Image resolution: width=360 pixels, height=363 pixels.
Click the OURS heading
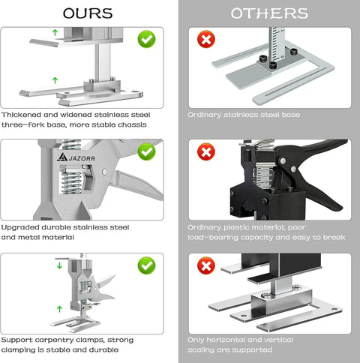click(x=88, y=13)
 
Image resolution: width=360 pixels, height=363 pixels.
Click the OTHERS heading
click(x=268, y=13)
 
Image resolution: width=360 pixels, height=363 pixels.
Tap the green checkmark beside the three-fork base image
click(x=147, y=38)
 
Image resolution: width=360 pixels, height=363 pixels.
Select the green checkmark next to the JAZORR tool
click(x=147, y=152)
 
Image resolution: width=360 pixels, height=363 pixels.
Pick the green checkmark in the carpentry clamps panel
click(x=147, y=265)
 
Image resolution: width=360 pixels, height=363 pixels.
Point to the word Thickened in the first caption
click(x=22, y=115)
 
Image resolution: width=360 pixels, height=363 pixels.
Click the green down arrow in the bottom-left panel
click(x=59, y=265)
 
